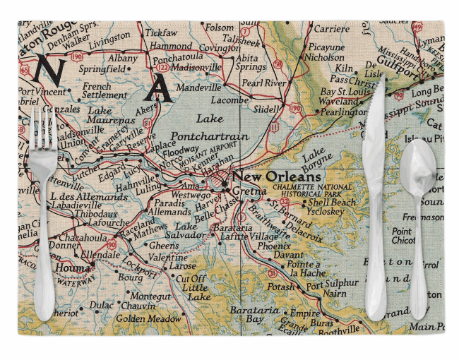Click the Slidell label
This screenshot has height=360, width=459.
click(266, 109)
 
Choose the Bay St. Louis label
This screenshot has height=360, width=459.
click(345, 92)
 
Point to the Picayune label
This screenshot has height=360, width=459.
click(326, 47)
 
